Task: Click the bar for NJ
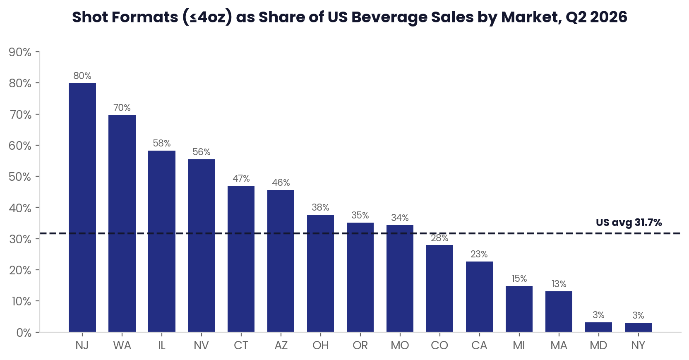click(82, 207)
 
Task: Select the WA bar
click(122, 223)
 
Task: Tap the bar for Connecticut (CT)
click(241, 259)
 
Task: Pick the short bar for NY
click(638, 327)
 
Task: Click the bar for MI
click(519, 309)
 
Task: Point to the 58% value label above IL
click(161, 143)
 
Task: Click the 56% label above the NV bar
click(202, 152)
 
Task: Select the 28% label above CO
click(439, 238)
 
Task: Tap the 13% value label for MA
click(559, 284)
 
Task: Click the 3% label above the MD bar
click(598, 315)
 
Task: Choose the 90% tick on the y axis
click(20, 52)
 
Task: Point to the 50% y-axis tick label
click(20, 177)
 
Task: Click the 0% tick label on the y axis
click(24, 333)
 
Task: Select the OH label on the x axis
click(321, 346)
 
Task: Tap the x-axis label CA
click(479, 346)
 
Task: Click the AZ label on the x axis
click(281, 346)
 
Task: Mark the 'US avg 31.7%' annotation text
click(629, 223)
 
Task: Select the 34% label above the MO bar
click(400, 218)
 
